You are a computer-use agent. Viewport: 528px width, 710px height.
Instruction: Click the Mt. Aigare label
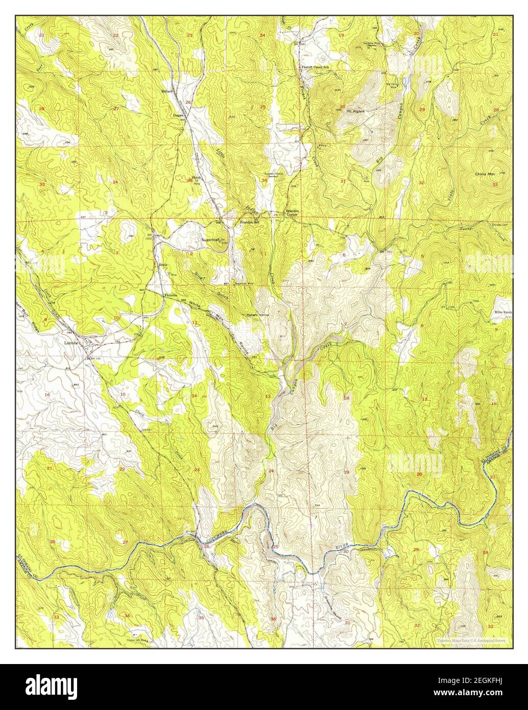point(355,110)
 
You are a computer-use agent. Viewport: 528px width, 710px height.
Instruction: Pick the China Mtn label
point(485,174)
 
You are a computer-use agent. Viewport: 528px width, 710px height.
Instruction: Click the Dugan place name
point(178,115)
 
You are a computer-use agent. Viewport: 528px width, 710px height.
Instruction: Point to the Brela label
point(163,265)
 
